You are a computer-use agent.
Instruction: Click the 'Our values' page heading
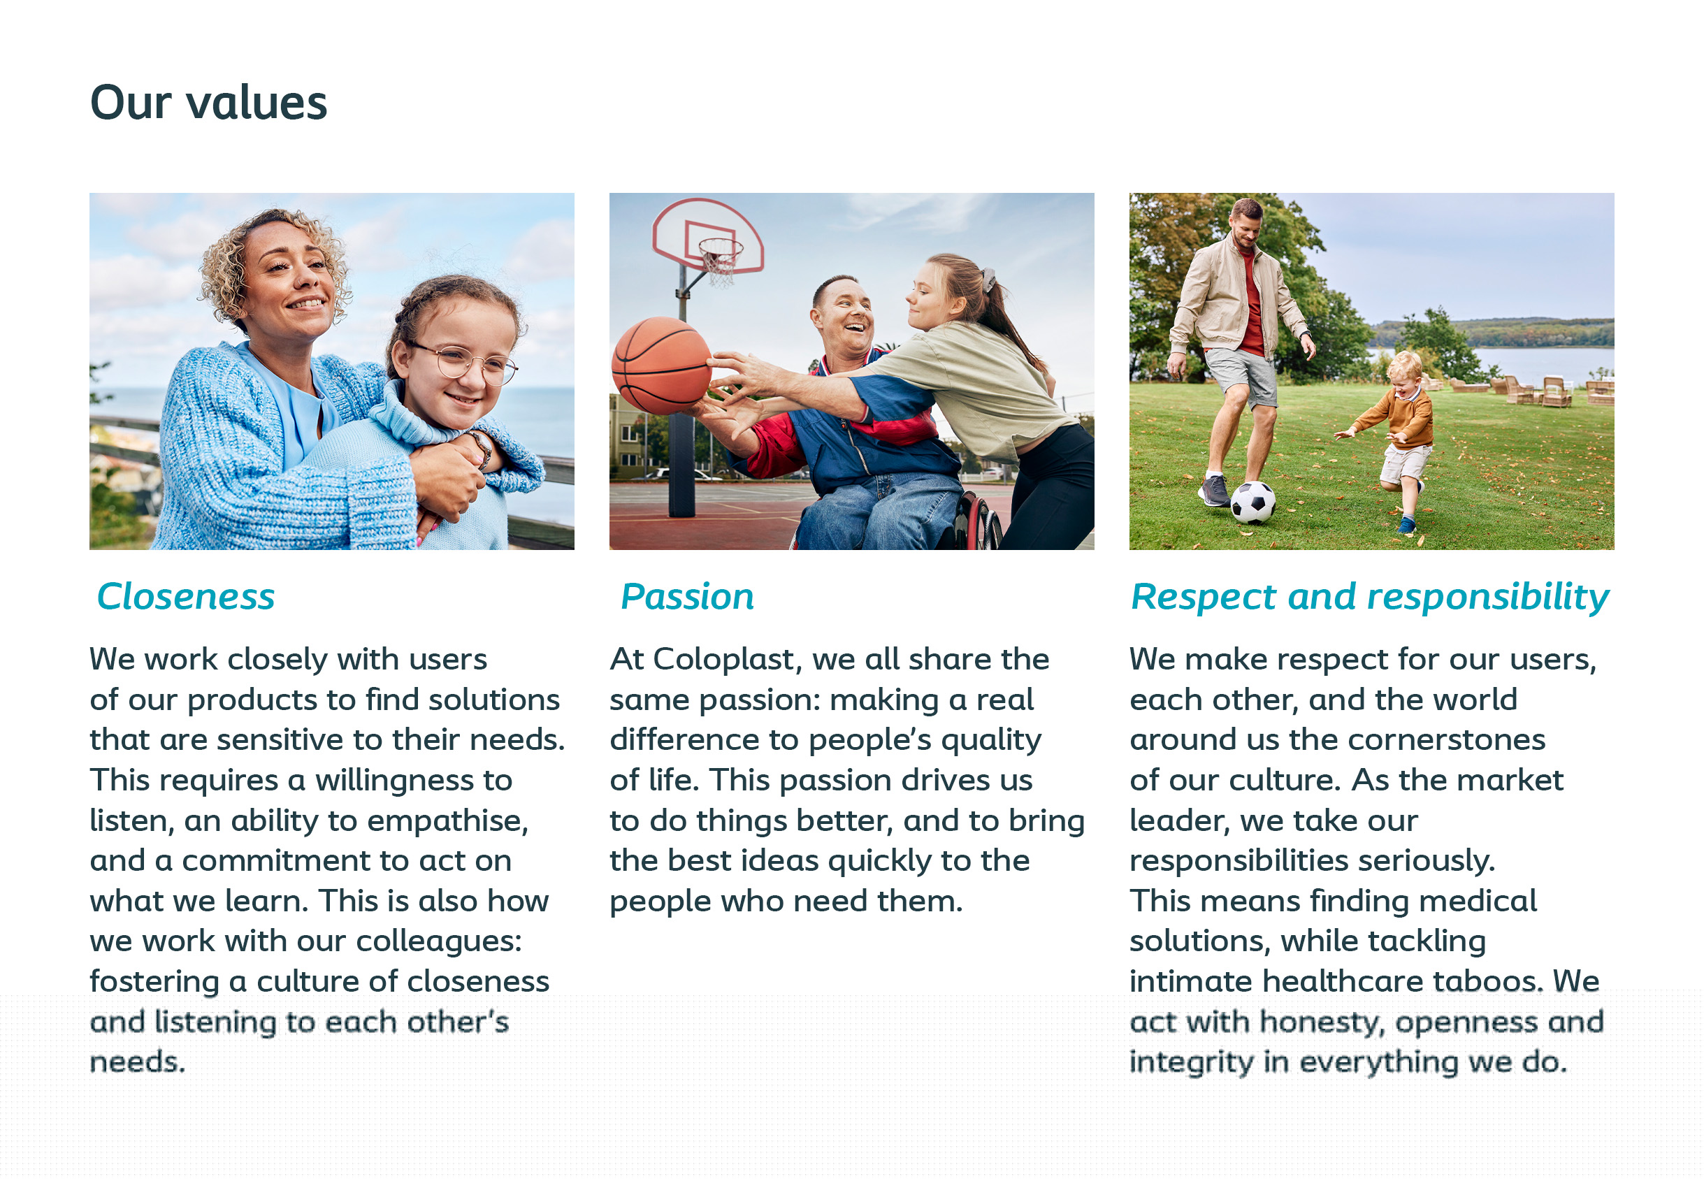208,103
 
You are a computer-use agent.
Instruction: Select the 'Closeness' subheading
185,596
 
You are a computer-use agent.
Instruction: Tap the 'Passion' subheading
687,596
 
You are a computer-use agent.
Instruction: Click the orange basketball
662,365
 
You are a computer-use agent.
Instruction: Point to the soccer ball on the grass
1252,502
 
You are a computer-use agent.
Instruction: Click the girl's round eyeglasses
464,363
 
